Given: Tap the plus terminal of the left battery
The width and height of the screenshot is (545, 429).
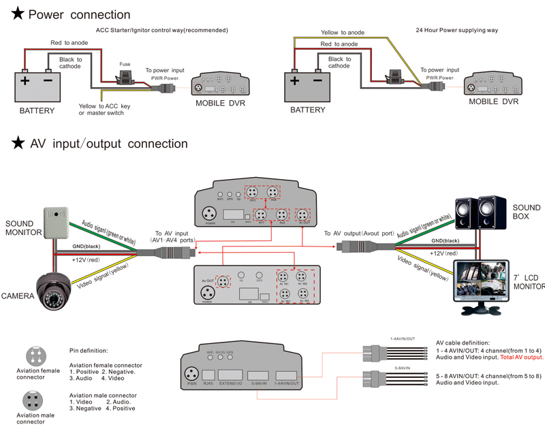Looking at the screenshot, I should click(25, 81).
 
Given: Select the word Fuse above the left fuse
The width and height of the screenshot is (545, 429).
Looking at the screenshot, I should click(125, 64).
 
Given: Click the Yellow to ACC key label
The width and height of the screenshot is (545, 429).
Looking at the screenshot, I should click(106, 110).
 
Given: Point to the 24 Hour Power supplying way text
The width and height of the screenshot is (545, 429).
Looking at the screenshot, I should click(456, 31).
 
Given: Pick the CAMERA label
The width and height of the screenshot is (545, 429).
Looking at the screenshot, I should click(18, 296).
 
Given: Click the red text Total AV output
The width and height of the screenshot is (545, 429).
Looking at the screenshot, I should click(522, 357).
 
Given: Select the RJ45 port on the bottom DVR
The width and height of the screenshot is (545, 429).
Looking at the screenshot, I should click(209, 375).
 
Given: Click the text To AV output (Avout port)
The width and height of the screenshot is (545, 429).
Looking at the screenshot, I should click(358, 234).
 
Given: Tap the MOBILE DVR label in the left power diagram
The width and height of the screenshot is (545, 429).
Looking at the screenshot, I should click(220, 104).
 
